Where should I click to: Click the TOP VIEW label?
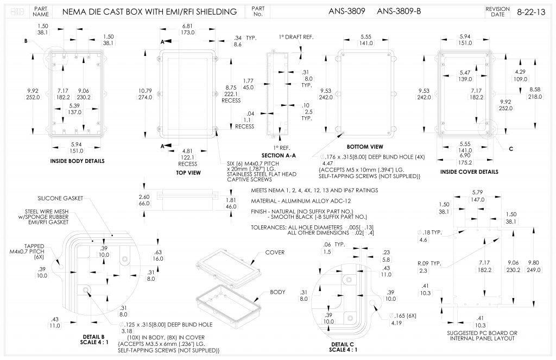tap(189, 173)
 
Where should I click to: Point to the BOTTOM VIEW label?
tap(365, 147)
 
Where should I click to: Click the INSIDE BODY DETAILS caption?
tap(77, 161)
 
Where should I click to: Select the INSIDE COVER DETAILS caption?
tap(469, 172)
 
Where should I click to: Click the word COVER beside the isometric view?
tap(275, 252)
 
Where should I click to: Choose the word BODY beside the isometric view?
tap(277, 292)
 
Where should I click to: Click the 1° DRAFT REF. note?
tap(296, 37)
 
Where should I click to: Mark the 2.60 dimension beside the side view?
tap(144, 197)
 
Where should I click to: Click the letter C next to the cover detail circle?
tap(511, 149)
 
